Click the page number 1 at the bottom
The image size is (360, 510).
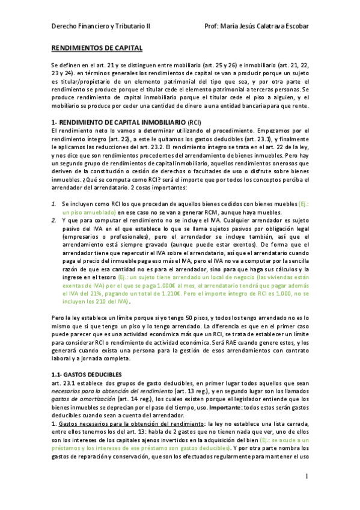[306, 476]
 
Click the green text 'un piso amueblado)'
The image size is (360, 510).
[89, 212]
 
